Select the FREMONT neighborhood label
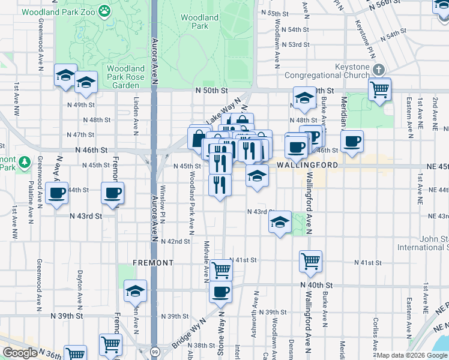point(154,263)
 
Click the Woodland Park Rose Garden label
point(126,77)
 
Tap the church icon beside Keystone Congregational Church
point(378,70)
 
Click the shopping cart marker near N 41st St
point(221,270)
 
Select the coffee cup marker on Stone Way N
point(221,292)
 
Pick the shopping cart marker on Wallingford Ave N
point(311,260)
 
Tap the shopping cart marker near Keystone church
point(380,89)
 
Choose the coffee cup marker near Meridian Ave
point(352,142)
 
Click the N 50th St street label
point(212,90)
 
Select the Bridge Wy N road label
point(186,337)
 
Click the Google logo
point(20,353)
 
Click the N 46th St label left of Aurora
point(91,149)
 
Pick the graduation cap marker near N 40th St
point(136,291)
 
